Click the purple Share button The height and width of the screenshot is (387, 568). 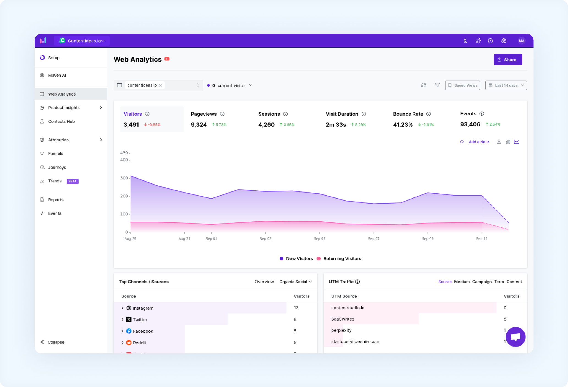pos(508,60)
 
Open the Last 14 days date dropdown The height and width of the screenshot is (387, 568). pos(506,85)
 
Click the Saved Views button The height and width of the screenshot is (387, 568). pos(463,85)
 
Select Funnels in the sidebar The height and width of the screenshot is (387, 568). pos(56,154)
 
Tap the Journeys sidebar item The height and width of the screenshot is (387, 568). pos(57,167)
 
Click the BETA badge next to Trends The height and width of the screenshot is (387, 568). pos(73,181)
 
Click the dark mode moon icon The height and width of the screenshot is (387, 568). pos(465,41)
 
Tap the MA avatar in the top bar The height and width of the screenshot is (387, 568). pos(522,41)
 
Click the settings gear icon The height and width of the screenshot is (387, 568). pos(504,41)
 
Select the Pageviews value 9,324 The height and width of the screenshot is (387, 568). pos(199,125)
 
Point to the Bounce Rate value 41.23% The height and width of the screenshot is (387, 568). pos(403,125)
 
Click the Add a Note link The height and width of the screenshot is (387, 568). pos(479,142)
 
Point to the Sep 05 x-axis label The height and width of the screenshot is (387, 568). pos(319,239)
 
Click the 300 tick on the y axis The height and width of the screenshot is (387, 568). pos(124,178)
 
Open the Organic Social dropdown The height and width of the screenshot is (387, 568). pos(296,282)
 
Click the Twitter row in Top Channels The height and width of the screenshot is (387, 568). pos(140,319)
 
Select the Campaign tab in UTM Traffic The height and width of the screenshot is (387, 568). pos(482,282)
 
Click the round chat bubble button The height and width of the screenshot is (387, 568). pos(515,337)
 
